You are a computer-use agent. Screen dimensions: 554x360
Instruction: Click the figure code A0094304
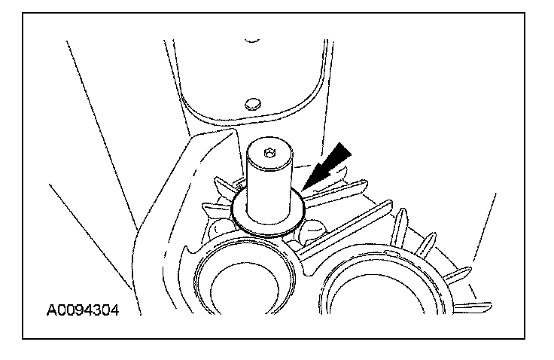click(82, 310)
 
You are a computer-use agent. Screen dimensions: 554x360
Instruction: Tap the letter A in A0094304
click(52, 310)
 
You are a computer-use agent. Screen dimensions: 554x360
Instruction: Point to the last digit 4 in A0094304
click(114, 310)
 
